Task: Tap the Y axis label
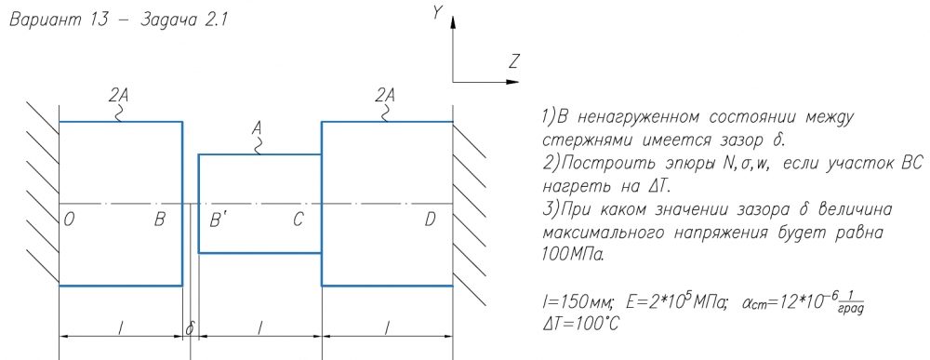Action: click(x=437, y=13)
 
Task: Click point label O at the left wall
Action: click(x=69, y=220)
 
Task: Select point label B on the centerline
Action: click(x=160, y=220)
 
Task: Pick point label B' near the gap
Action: click(x=219, y=220)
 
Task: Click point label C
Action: click(x=298, y=220)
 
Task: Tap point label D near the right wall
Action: click(x=431, y=220)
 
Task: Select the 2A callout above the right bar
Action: click(x=386, y=94)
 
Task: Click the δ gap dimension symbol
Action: click(x=191, y=328)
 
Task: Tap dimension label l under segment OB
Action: click(x=120, y=327)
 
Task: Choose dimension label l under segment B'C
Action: click(x=259, y=327)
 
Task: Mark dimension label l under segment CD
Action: click(x=387, y=327)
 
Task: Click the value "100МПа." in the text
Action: click(x=574, y=255)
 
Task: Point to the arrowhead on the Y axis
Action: click(x=453, y=22)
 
